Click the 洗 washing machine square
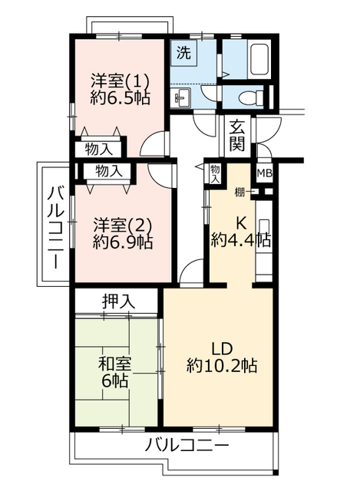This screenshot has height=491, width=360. point(183,53)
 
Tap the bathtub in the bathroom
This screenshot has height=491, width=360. point(259,59)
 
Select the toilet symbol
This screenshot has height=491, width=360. point(252,97)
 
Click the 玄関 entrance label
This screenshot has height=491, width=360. point(236,136)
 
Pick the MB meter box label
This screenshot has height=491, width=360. point(265,173)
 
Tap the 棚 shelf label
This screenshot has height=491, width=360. point(239,193)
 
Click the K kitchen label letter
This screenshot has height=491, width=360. point(240,223)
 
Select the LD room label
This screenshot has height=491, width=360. point(222,348)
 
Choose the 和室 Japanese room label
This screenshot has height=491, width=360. point(114,364)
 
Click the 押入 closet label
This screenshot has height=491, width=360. point(118,302)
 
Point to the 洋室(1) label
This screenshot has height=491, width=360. point(120,81)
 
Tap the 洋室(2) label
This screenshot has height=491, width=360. point(123,225)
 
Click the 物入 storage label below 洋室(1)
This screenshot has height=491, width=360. point(99,150)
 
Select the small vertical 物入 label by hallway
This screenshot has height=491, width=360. point(215,174)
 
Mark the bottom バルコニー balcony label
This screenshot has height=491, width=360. point(187,445)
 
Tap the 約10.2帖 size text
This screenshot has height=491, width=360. point(222,365)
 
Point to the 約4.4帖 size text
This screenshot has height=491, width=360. point(240,240)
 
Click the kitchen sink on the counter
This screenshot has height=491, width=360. point(264,227)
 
